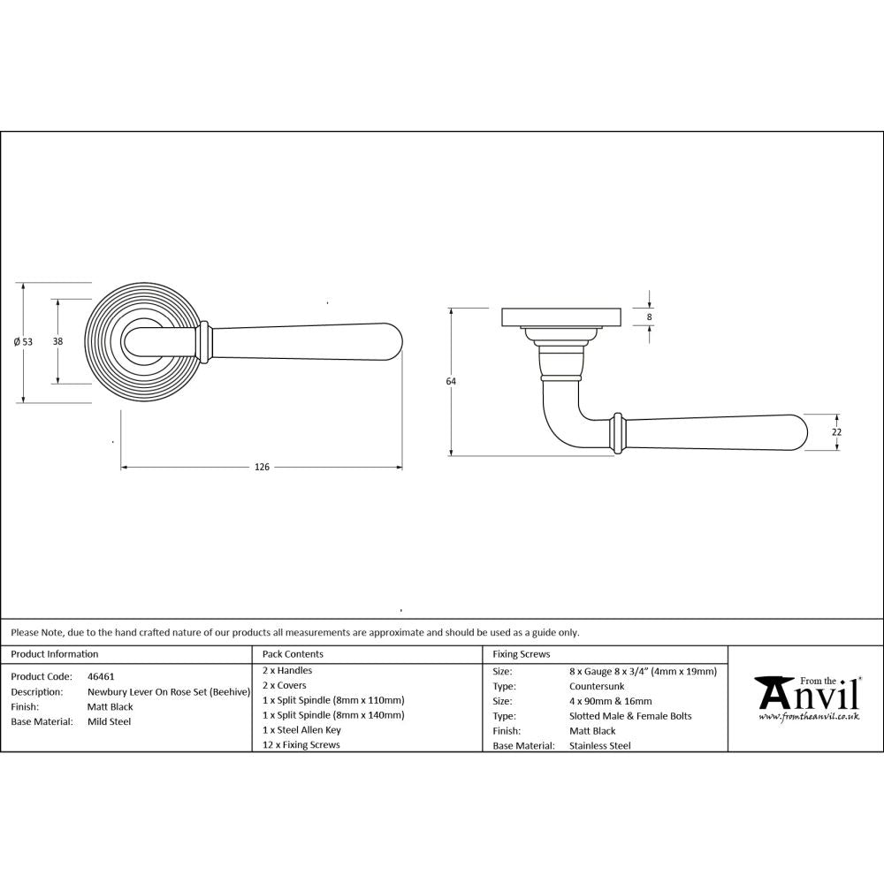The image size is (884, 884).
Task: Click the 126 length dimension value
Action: click(262, 467)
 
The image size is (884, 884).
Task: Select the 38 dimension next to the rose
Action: click(57, 341)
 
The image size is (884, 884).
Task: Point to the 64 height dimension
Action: click(451, 381)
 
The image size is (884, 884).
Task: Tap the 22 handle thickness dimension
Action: click(836, 431)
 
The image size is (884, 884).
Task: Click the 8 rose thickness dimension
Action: click(649, 316)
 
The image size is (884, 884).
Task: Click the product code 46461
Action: click(101, 676)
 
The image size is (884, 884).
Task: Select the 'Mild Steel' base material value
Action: click(109, 721)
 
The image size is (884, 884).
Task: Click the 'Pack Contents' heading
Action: click(293, 654)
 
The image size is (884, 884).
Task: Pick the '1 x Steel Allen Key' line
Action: click(301, 730)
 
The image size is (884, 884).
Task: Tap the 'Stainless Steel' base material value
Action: click(601, 745)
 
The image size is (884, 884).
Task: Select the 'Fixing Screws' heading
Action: click(521, 654)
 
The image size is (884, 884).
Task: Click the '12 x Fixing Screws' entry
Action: click(301, 745)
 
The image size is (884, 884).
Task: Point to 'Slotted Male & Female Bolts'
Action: click(631, 716)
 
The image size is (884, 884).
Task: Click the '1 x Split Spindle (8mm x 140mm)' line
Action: click(333, 715)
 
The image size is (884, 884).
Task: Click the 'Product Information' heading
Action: click(55, 654)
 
